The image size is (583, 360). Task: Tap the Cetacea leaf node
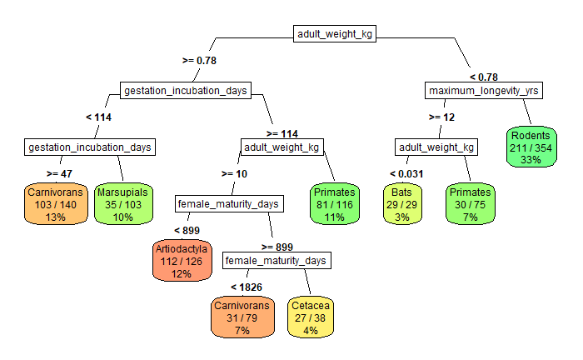[x=311, y=318]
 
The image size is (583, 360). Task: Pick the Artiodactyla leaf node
[x=182, y=261]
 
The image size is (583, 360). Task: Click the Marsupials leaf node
[x=122, y=204]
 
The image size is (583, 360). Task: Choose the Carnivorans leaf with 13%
[x=55, y=204]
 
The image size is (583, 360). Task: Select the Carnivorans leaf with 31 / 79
[x=242, y=318]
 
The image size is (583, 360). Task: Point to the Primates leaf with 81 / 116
[x=334, y=204]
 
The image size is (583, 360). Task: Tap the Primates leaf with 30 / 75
[x=470, y=204]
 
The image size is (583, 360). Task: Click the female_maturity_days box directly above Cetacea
[x=277, y=261]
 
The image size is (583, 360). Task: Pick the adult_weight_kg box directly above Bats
[x=436, y=147]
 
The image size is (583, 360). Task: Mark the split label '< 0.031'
[x=406, y=174]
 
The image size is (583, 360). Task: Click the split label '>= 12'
[x=441, y=117]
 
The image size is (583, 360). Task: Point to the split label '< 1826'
[x=247, y=287]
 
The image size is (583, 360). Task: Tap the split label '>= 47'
[x=61, y=173]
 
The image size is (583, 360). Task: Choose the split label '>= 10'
[x=234, y=173]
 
